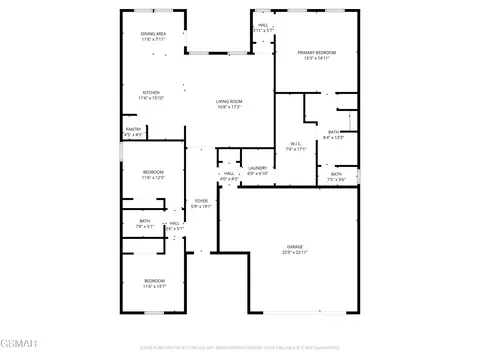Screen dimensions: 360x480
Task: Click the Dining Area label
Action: [x=153, y=34]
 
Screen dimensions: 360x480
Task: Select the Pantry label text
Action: [x=132, y=129]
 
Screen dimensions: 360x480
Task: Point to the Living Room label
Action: [x=230, y=101]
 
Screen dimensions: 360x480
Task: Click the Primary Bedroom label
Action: [x=316, y=52]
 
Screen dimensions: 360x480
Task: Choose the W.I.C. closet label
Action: [x=295, y=143]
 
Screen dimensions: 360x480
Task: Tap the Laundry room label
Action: [x=257, y=168]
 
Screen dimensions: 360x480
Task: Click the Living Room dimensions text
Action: [x=230, y=107]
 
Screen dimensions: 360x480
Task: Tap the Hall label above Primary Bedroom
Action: [x=263, y=25]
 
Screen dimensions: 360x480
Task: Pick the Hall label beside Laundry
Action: [x=229, y=174]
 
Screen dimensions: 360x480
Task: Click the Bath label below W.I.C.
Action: [x=335, y=175]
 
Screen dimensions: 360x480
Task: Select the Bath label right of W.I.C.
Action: [x=333, y=132]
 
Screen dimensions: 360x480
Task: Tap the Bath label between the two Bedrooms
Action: [x=145, y=221]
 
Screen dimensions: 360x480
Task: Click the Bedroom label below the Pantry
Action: [x=153, y=172]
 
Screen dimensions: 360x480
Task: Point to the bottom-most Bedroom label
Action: [x=153, y=280]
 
